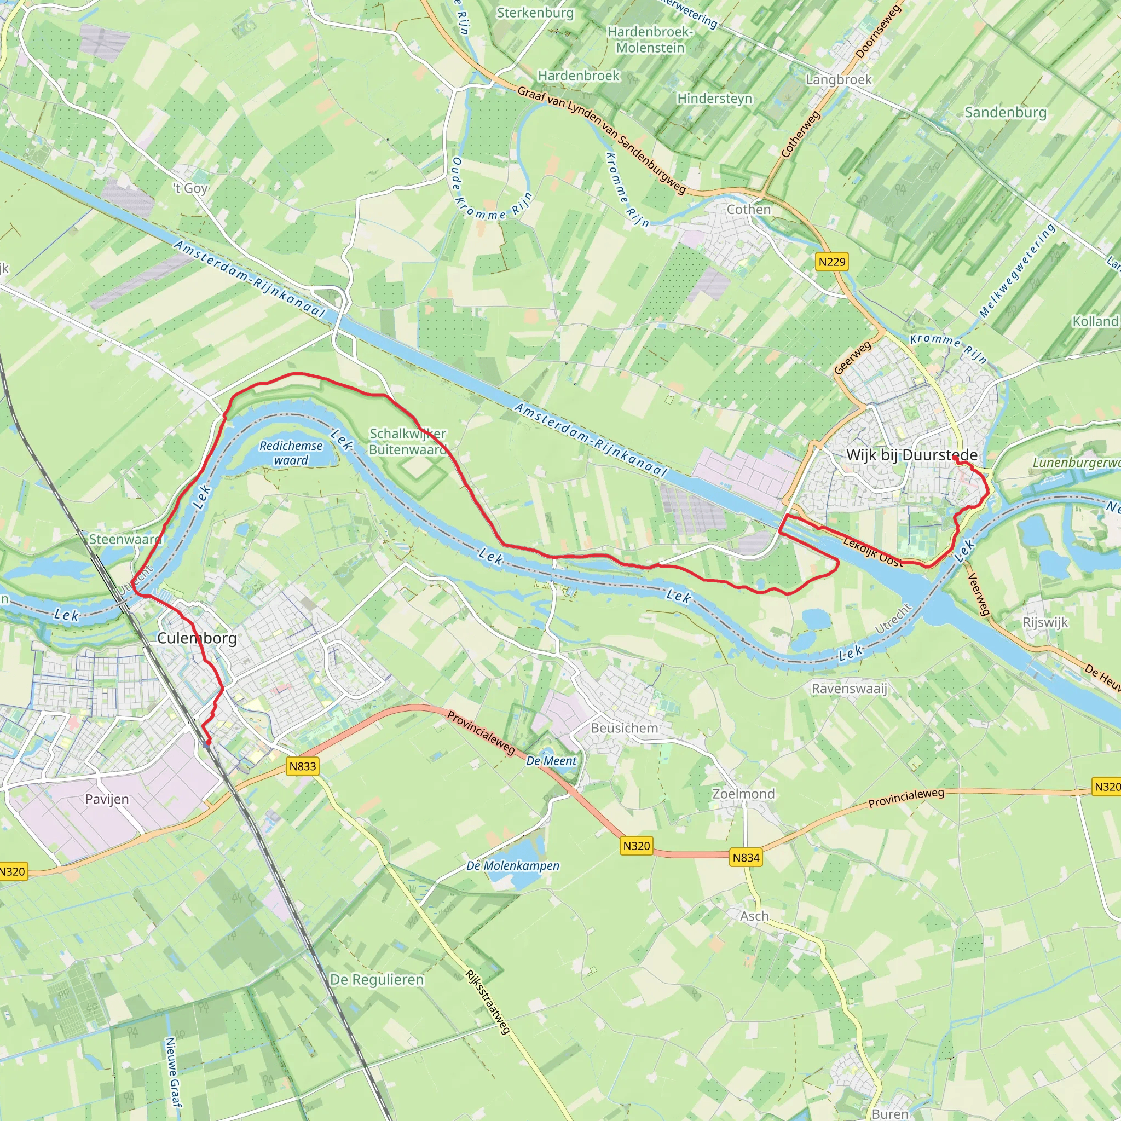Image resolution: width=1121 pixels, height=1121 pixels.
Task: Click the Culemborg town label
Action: coord(197,638)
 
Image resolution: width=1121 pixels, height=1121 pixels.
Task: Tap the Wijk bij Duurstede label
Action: coord(911,455)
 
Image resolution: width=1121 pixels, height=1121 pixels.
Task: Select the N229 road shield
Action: coord(832,262)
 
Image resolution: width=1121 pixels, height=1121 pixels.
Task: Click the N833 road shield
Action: coord(303,766)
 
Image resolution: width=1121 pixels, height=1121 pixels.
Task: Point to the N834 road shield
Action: coord(746,858)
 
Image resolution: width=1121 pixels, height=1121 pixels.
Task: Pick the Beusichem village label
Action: coord(625,728)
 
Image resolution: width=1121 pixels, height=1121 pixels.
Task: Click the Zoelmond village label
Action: coord(743,794)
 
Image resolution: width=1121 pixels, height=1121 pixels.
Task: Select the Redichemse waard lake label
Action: coord(291,453)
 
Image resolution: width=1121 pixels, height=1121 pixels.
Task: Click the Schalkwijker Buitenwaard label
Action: coord(408,442)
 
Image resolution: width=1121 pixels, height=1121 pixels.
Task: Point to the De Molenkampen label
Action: coord(513,866)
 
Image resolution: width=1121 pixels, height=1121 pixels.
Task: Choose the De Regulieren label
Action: coord(377,980)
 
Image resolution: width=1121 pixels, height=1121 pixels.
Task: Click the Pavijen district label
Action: coord(107,800)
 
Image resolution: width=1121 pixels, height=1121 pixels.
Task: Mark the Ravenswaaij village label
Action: coord(850,689)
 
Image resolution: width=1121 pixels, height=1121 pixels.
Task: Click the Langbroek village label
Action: coord(839,79)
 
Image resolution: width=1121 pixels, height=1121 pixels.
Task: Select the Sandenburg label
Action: coord(1006,113)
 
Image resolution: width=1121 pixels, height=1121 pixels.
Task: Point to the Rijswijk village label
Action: coord(1045,622)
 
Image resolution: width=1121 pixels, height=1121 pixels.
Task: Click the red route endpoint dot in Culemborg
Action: coord(207,742)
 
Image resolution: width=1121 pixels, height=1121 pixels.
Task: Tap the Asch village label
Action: coord(754,916)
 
